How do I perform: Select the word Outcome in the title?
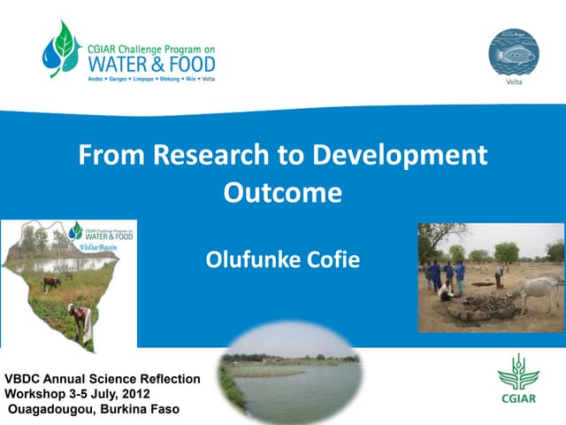click(x=283, y=192)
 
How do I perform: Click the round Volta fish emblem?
click(x=514, y=54)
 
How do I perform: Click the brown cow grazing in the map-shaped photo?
click(x=52, y=283)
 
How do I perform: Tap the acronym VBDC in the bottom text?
click(x=26, y=378)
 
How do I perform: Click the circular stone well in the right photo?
click(x=482, y=306)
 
